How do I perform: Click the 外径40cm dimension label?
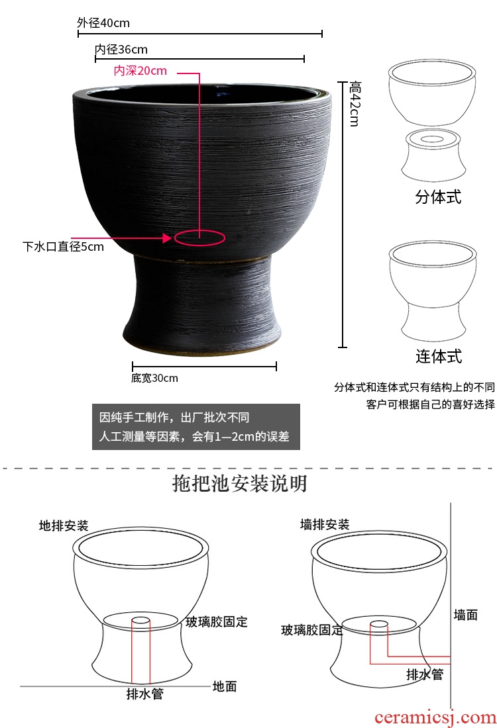pos(103,23)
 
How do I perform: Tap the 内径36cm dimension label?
pos(121,49)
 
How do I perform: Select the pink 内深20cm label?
pos(140,71)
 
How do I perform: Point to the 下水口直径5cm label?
pos(63,246)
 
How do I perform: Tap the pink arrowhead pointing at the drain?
pos(167,238)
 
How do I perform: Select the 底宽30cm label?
pos(154,378)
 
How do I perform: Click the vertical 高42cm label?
pos(355,103)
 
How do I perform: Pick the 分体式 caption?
pos(438,197)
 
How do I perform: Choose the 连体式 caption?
pos(439,356)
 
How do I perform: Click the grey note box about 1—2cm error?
pos(195,427)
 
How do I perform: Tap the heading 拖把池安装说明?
pos(239,483)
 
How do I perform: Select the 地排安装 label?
pos(64,525)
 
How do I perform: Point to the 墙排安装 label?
pos(325,525)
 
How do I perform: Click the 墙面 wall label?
pos(465,615)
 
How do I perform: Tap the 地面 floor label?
pos(225,686)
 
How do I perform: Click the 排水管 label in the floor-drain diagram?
pos(144,694)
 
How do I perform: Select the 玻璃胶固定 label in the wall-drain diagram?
pos(312,630)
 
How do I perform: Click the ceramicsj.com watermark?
pos(435,718)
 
